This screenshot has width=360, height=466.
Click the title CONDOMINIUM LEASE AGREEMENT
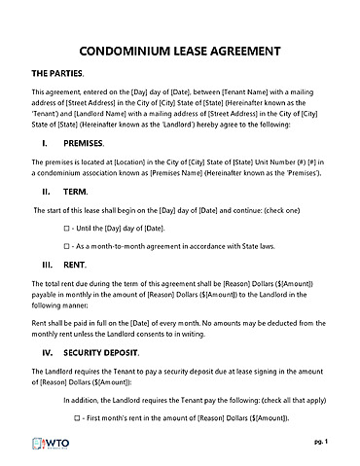click(179, 51)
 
